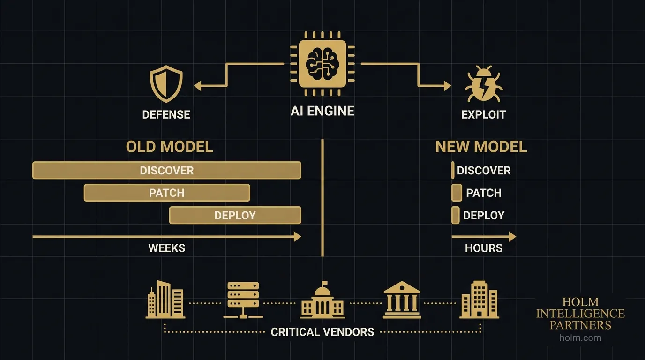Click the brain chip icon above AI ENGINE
322,64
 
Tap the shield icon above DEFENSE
166,84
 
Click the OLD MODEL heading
169,147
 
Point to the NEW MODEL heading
481,147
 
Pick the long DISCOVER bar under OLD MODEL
166,170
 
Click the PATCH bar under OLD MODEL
166,193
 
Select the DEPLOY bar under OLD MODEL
235,215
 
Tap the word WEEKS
166,248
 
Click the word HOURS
484,248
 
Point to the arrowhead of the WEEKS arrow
297,237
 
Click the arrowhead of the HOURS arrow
512,237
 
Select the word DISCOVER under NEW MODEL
484,170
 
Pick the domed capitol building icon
322,300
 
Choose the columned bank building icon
402,300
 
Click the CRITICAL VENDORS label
322,332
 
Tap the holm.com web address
580,337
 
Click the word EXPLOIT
484,114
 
